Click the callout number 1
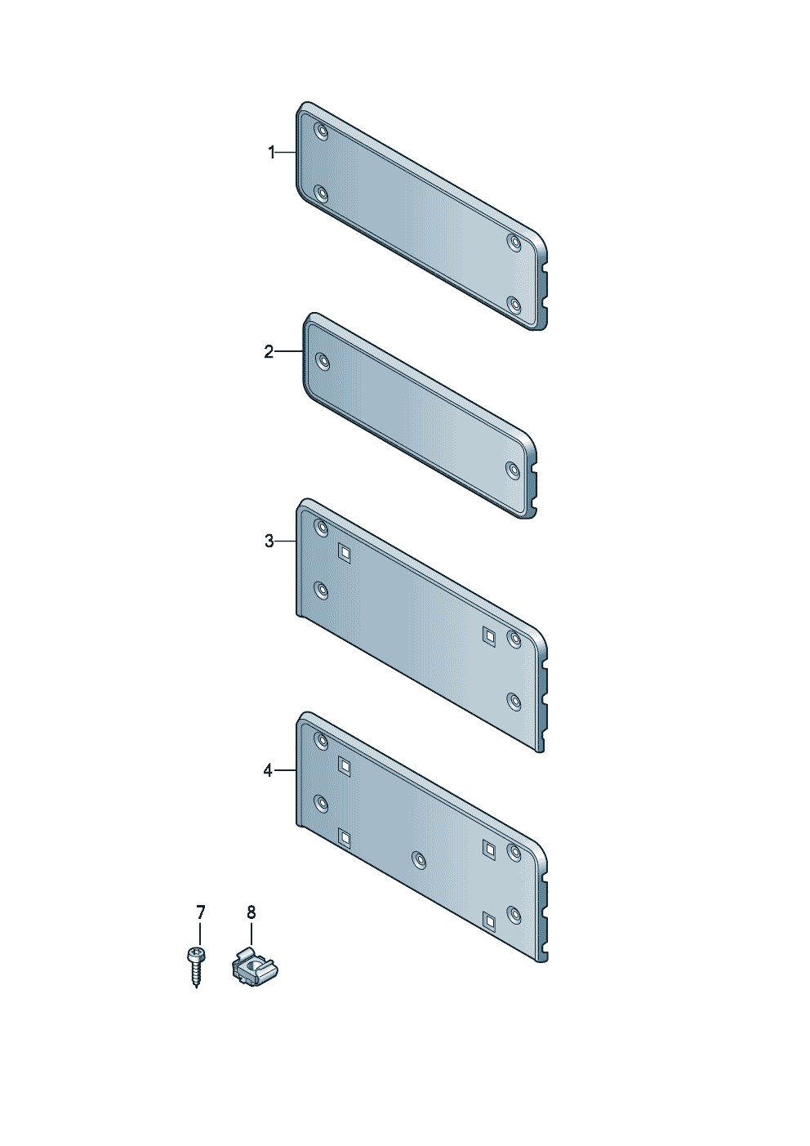(272, 152)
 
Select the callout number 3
(269, 541)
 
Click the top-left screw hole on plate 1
(322, 132)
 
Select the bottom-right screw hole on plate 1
(514, 305)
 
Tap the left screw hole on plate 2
(323, 362)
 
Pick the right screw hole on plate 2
(513, 469)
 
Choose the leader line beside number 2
(290, 351)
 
